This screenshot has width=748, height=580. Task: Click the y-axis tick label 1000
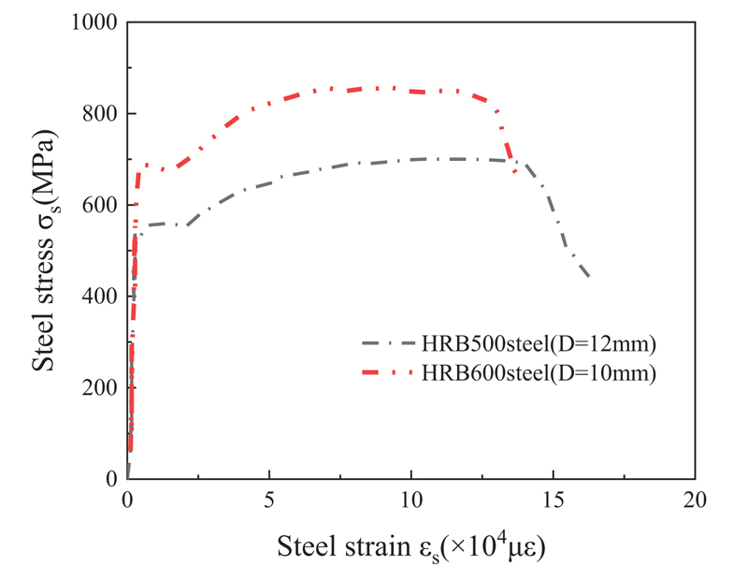point(91,22)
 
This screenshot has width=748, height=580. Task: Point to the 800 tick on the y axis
point(97,113)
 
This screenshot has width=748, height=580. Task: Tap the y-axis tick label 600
point(97,205)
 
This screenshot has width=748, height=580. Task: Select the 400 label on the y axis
point(97,296)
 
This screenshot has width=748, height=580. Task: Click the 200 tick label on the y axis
point(97,387)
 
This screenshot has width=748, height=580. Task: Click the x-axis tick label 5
point(269,498)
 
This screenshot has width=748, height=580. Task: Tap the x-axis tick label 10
point(411,498)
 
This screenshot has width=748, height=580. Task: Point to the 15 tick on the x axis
point(554,498)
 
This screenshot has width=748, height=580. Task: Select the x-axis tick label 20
point(696,498)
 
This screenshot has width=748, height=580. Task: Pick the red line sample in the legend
point(387,373)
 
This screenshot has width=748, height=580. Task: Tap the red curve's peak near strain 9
point(383,88)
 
